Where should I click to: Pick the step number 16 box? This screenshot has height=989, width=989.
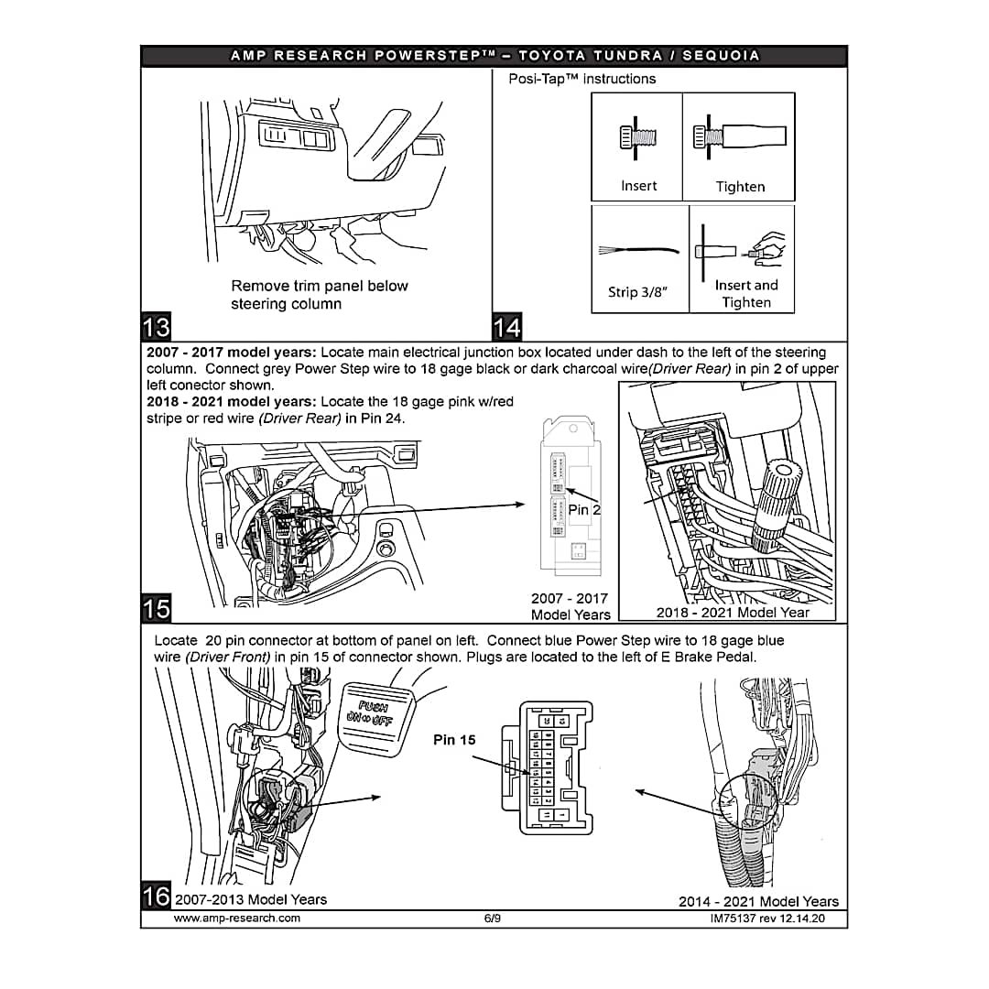click(x=157, y=894)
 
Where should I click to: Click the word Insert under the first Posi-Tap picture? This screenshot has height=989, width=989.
click(x=638, y=186)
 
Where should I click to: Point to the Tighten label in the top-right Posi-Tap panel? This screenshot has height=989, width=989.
click(x=740, y=187)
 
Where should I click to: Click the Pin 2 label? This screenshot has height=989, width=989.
click(x=584, y=509)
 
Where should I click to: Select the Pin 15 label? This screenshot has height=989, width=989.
click(x=454, y=740)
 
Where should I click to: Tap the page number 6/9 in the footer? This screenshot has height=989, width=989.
click(x=493, y=918)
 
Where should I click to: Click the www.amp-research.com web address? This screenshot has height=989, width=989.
click(x=237, y=918)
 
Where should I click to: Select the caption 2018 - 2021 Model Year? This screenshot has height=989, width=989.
click(x=733, y=613)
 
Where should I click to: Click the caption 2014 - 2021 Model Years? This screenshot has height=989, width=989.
click(x=758, y=901)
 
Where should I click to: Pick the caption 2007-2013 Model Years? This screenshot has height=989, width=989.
click(x=251, y=899)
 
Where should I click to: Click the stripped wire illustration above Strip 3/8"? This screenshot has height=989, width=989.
click(x=638, y=250)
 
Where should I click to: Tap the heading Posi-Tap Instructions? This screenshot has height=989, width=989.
click(x=582, y=79)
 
